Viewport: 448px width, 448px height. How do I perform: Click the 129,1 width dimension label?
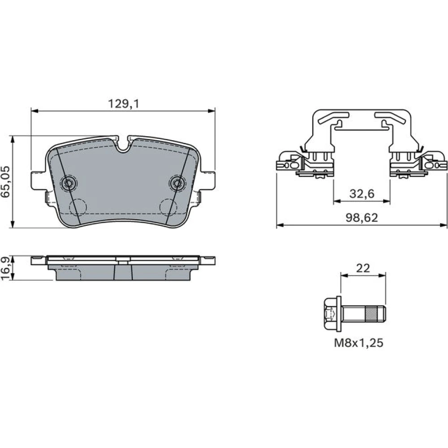(x=124, y=104)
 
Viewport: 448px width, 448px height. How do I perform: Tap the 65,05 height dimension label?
(x=6, y=182)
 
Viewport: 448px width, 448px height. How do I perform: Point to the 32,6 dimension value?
(x=362, y=194)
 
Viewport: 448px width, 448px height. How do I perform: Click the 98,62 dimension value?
(x=362, y=218)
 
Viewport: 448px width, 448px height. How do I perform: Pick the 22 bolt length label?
(x=363, y=268)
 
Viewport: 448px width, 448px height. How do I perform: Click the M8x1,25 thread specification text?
(x=358, y=343)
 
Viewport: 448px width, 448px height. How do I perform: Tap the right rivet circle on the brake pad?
(x=177, y=183)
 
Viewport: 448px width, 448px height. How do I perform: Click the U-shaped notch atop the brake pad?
(x=123, y=144)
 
